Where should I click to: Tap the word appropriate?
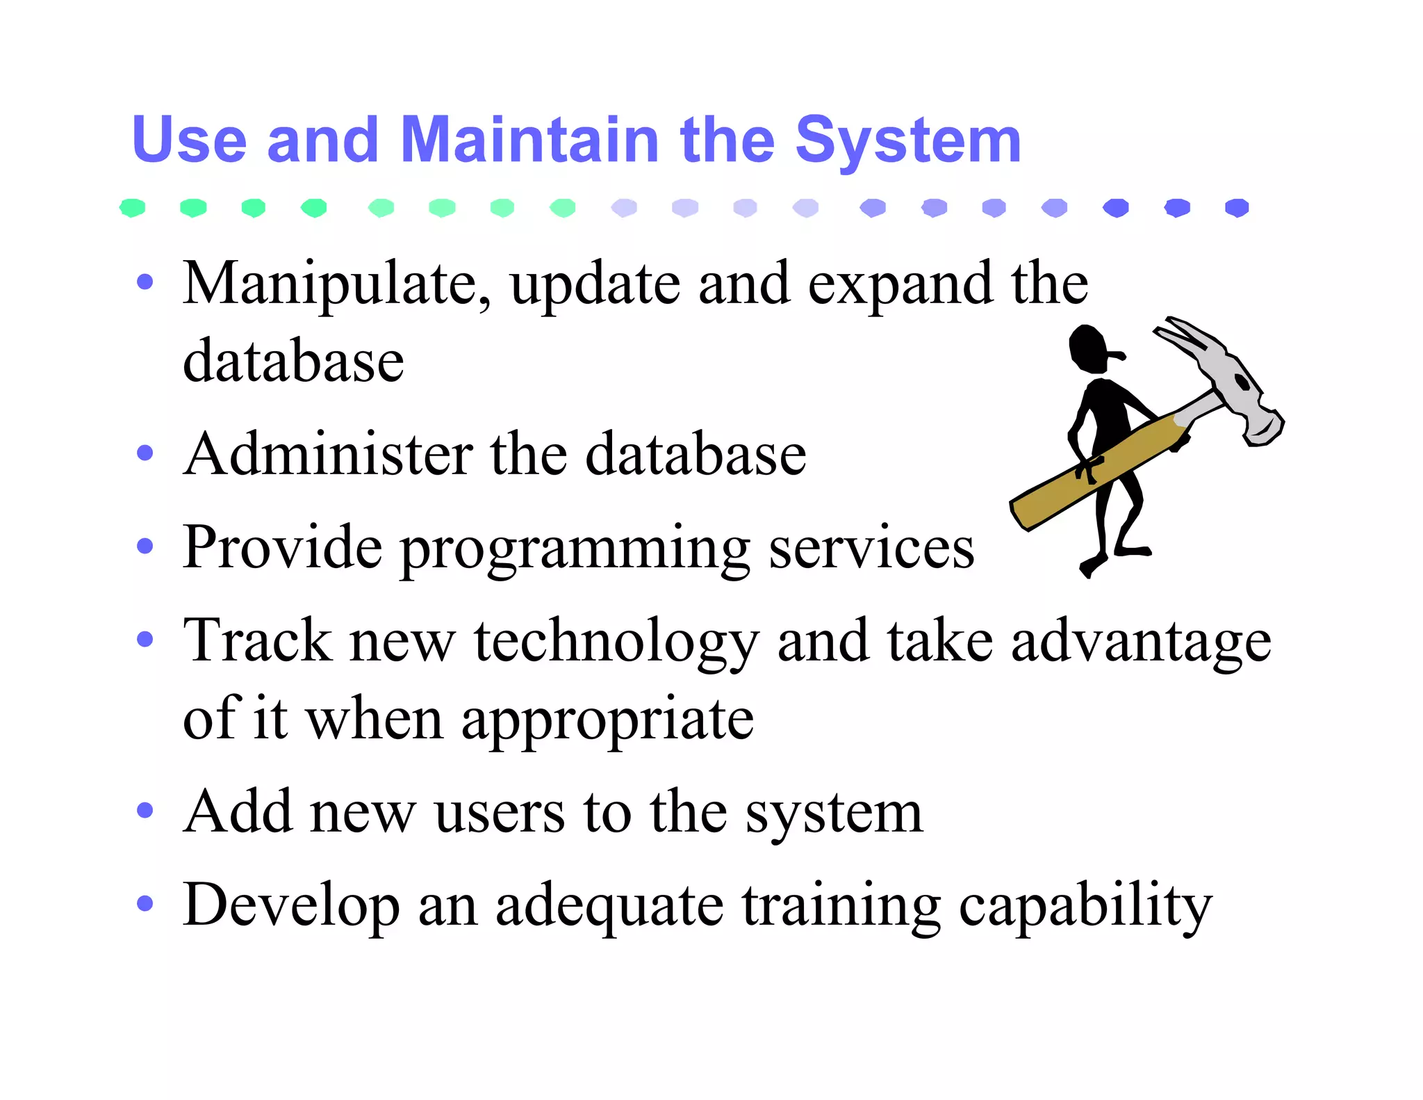(607, 720)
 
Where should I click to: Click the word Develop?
(291, 906)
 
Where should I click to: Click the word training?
(841, 906)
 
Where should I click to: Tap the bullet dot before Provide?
(145, 546)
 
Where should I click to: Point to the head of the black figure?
(1089, 348)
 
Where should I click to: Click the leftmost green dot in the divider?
(132, 207)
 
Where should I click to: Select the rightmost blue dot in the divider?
(1237, 207)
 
